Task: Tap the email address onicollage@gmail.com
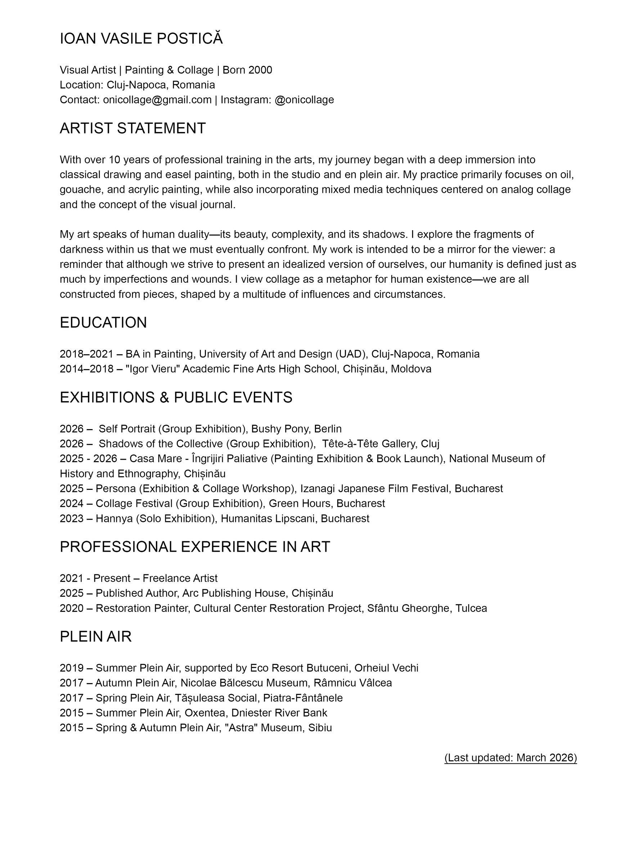(x=157, y=100)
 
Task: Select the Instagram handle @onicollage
(x=304, y=100)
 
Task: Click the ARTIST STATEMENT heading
(x=132, y=128)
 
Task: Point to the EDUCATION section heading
(x=103, y=323)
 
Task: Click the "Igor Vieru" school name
(x=153, y=369)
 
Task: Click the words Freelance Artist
(x=180, y=578)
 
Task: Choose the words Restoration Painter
(x=143, y=608)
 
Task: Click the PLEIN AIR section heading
(x=95, y=637)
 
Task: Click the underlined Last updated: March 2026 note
(x=510, y=758)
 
